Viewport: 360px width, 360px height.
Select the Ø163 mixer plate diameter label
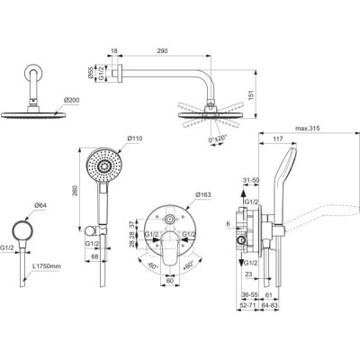203,193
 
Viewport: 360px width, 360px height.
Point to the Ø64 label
40,206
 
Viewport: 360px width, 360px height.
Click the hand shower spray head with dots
102,166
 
